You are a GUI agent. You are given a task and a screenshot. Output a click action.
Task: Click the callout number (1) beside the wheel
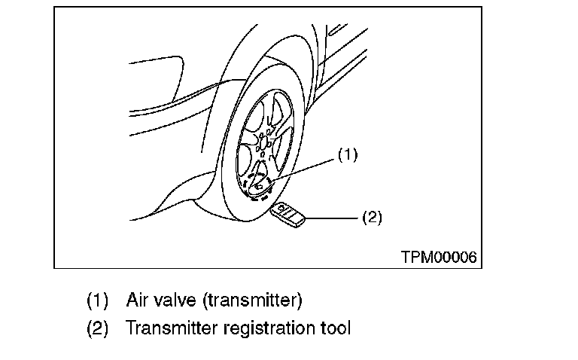click(x=347, y=156)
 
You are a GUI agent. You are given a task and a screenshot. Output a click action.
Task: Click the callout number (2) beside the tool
click(x=372, y=218)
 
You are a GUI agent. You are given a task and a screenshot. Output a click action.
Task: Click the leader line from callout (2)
click(x=332, y=218)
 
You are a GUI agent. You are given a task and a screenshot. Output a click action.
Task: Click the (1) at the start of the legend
click(x=97, y=301)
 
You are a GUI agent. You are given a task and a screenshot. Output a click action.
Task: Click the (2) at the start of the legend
click(x=97, y=328)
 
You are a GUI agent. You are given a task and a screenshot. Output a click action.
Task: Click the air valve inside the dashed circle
click(x=260, y=184)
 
